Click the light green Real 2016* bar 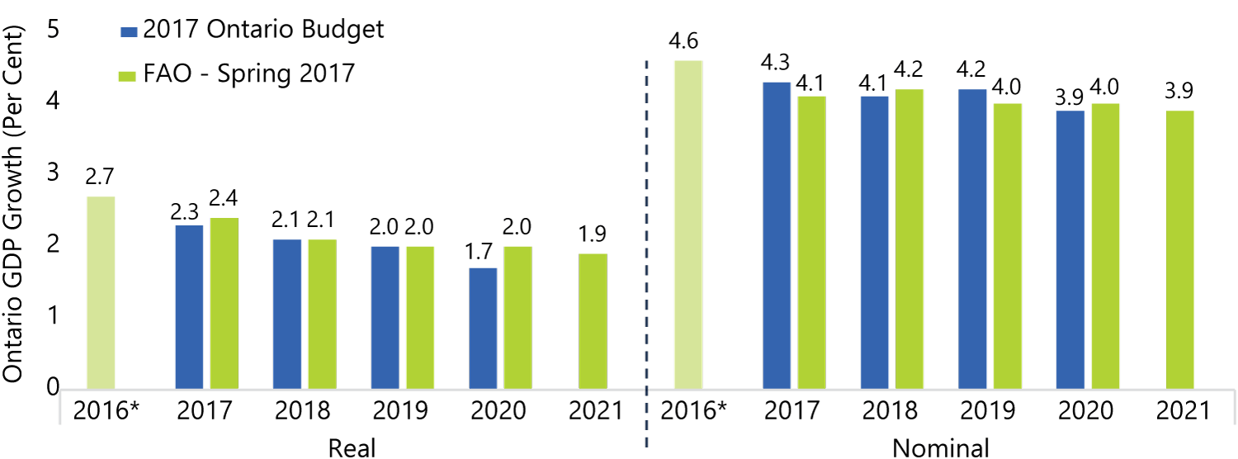point(102,292)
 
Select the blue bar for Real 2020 point(483,329)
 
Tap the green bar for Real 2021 point(593,321)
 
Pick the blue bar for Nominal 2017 point(777,235)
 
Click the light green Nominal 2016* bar point(688,225)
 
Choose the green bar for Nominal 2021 point(1180,250)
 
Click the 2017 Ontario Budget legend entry point(252,30)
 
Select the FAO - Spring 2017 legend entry point(237,73)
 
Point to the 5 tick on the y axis point(53,29)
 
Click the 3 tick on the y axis point(53,173)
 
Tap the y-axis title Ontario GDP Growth point(13,204)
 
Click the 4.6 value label point(683,41)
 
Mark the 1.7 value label point(478,252)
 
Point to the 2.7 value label point(100,177)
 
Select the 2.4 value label point(224,197)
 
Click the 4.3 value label point(775,63)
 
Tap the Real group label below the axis point(352,447)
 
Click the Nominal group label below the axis point(940,447)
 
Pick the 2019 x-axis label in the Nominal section point(988,410)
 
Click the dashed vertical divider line point(646,253)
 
